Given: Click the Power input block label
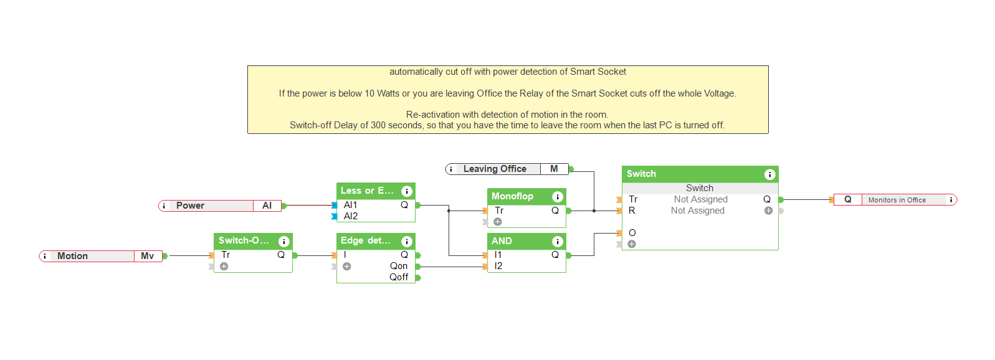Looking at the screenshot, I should pyautogui.click(x=191, y=206).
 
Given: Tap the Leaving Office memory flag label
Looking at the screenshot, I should pyautogui.click(x=495, y=169).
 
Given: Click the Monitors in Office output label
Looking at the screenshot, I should pyautogui.click(x=897, y=200).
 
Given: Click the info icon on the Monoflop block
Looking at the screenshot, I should pyautogui.click(x=558, y=197).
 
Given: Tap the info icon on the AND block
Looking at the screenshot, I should pyautogui.click(x=558, y=242).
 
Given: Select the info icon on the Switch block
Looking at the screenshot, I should pyautogui.click(x=770, y=174).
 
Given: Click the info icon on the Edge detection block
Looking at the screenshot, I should pyautogui.click(x=407, y=242).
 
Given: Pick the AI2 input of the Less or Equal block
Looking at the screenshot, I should pyautogui.click(x=351, y=216).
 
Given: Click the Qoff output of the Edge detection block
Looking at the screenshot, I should pyautogui.click(x=399, y=277).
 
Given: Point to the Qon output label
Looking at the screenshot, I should pyautogui.click(x=399, y=266).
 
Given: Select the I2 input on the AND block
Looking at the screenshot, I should pyautogui.click(x=498, y=266).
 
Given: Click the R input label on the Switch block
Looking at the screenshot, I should pyautogui.click(x=632, y=211).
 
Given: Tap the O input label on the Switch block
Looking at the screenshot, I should pyautogui.click(x=632, y=233).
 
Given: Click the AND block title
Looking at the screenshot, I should pyautogui.click(x=502, y=241).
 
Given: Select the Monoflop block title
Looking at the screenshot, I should pyautogui.click(x=512, y=196).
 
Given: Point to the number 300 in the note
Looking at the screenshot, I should pyautogui.click(x=378, y=125).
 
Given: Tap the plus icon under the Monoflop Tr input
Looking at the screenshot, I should pyautogui.click(x=498, y=222).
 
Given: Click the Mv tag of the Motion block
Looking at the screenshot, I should pyautogui.click(x=147, y=256).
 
